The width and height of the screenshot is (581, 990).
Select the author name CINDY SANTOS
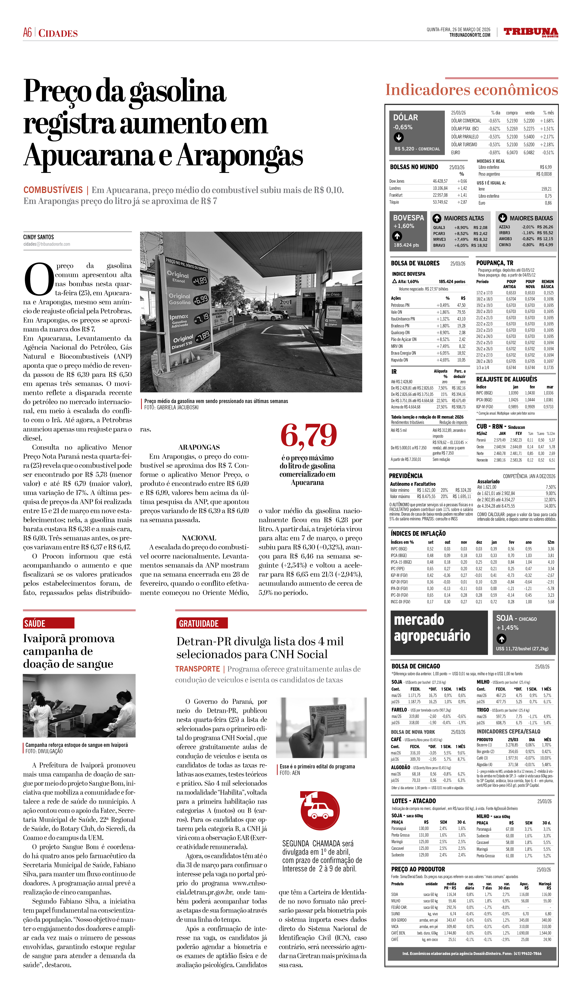pos(38,237)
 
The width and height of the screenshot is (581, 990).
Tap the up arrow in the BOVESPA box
pos(397,236)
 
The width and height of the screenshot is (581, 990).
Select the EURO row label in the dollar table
pos(455,152)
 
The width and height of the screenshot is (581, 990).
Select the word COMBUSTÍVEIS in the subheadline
pos(53,190)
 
